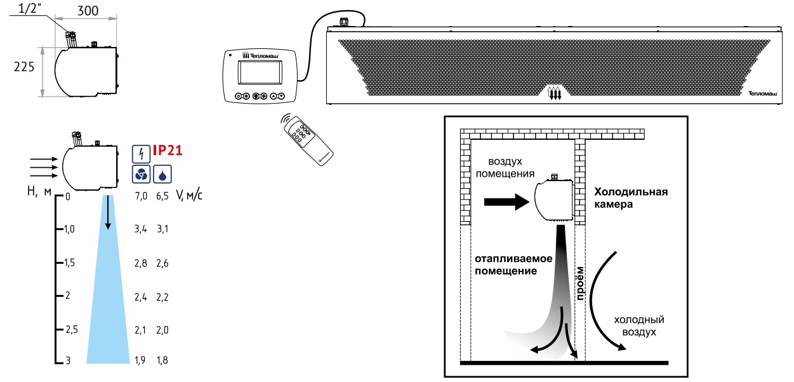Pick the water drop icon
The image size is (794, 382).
coord(162,174)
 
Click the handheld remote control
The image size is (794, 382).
coord(307,139)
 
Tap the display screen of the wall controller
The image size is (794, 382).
coord(260,74)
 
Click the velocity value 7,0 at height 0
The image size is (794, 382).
coord(141,196)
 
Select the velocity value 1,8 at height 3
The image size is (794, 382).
coord(162,361)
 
